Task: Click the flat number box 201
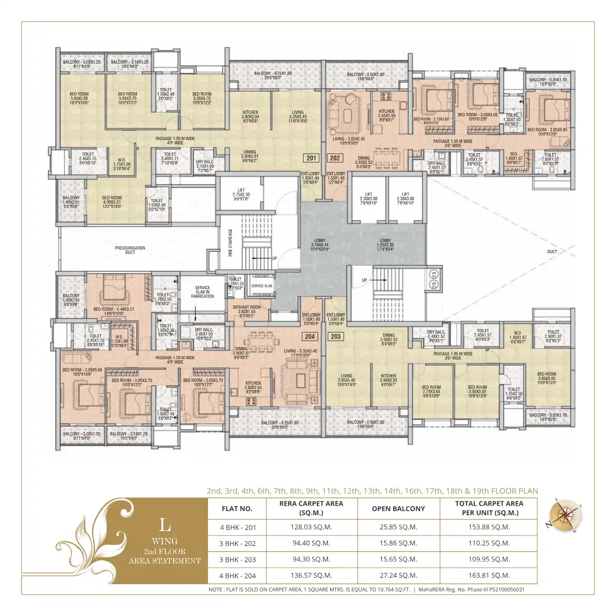point(311,158)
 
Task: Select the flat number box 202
point(335,158)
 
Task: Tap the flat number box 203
point(335,336)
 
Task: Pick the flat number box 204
point(310,336)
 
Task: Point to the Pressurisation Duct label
point(130,250)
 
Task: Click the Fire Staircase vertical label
point(231,243)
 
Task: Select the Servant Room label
point(247,309)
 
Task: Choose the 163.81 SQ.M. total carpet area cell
point(489,575)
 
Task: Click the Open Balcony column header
point(398,508)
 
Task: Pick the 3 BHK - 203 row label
point(238,559)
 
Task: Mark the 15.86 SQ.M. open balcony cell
point(398,543)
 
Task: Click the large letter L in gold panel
point(165,525)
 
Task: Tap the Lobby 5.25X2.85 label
point(385,243)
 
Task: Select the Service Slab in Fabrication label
point(202,292)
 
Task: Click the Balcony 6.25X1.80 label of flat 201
point(273,75)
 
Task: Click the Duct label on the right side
point(552,251)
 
